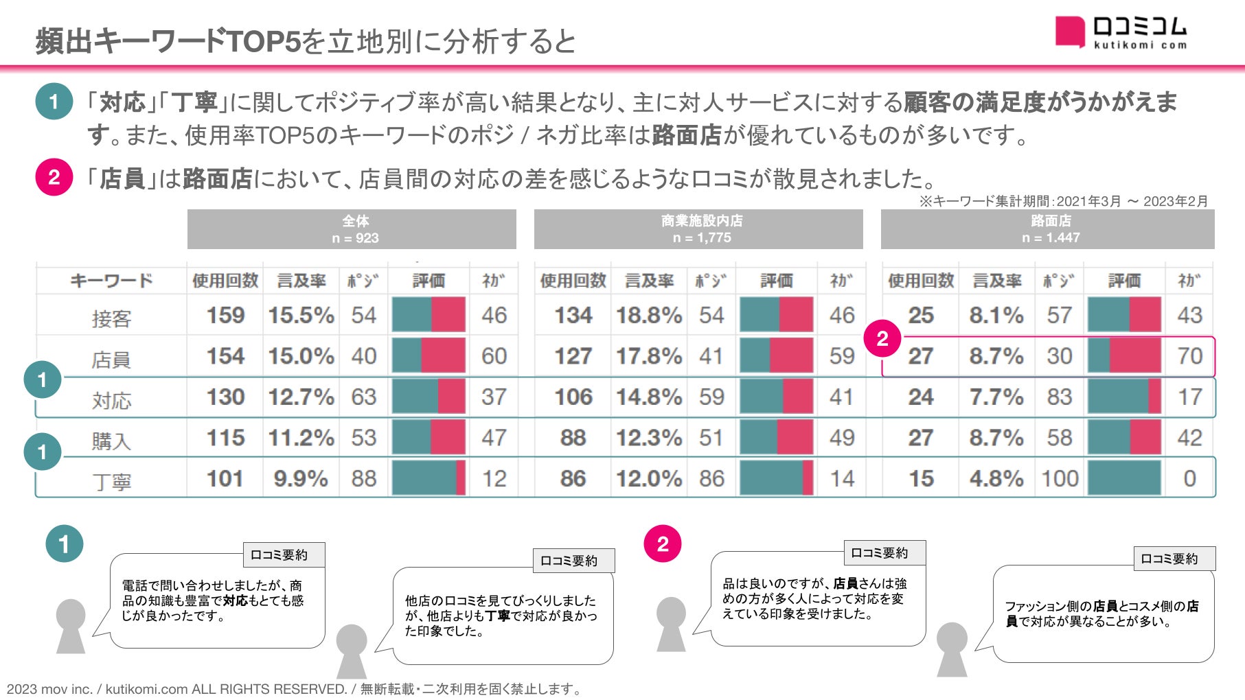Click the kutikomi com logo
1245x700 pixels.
point(1121,33)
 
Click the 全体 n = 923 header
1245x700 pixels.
point(352,229)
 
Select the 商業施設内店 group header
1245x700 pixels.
point(698,229)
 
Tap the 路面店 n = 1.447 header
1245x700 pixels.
point(1048,229)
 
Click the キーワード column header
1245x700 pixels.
point(111,281)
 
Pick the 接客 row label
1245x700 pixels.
point(111,318)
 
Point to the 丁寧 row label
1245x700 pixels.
point(111,482)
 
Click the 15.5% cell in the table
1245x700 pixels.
point(301,316)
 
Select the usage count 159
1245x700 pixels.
point(225,316)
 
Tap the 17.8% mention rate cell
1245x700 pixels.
point(648,356)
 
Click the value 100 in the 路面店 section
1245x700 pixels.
point(1060,478)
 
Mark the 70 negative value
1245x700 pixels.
point(1189,356)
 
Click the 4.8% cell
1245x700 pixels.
point(996,478)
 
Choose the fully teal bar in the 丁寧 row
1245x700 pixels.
point(1124,478)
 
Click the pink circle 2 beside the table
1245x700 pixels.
point(882,338)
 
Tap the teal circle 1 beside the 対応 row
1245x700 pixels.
point(42,380)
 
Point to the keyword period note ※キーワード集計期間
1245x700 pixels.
point(1063,201)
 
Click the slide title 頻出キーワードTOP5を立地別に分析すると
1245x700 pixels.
point(306,41)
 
